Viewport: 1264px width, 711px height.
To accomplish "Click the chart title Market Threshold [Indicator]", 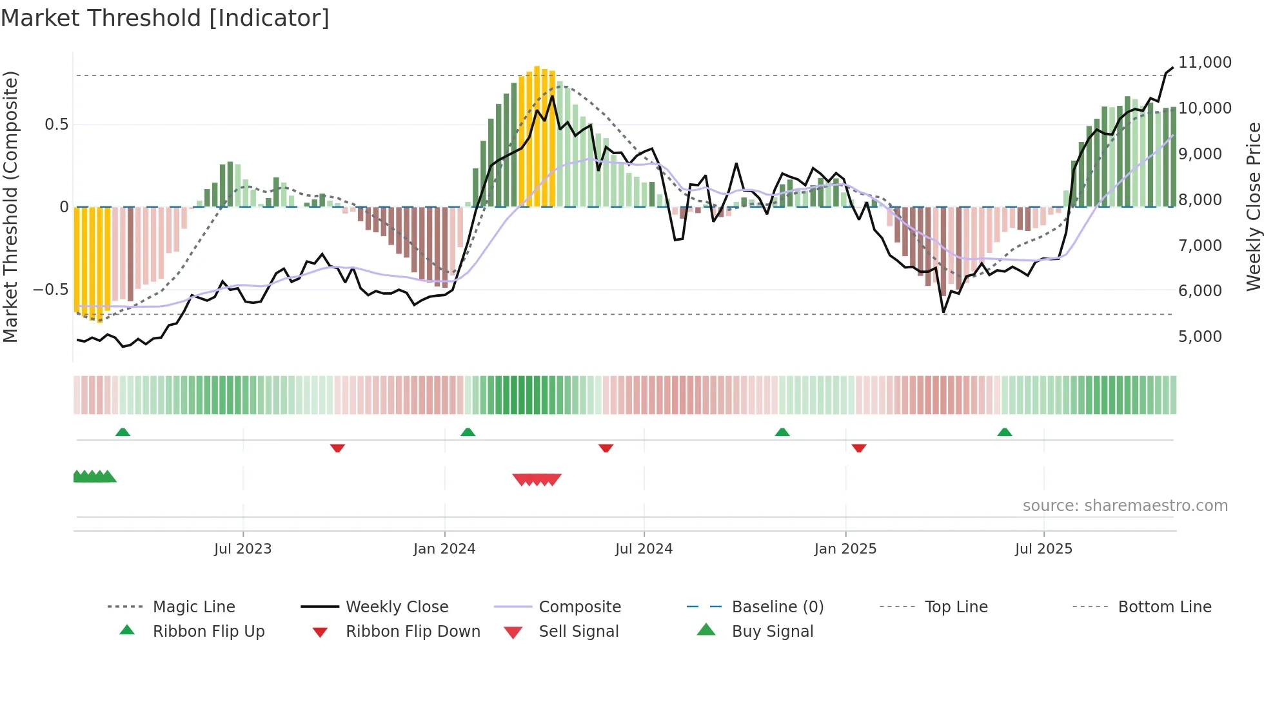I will pos(165,18).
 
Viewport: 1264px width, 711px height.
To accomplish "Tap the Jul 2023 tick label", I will pos(242,549).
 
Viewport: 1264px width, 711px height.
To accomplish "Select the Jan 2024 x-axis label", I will pos(444,549).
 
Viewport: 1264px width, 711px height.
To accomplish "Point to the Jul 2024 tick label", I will pos(644,549).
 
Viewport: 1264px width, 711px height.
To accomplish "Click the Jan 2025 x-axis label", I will pos(845,549).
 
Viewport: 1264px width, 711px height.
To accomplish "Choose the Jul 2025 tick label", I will pos(1043,549).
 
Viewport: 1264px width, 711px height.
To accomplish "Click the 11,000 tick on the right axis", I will pos(1205,63).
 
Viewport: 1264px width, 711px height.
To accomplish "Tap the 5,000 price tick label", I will pos(1200,337).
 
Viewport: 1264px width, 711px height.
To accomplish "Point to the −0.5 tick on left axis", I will pos(50,290).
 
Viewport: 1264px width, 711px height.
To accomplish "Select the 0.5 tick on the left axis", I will pos(56,125).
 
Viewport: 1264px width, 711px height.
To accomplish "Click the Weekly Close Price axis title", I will pos(1253,206).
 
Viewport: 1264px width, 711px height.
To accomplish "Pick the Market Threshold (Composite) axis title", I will pos(10,206).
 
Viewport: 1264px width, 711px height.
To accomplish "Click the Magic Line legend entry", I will pos(193,607).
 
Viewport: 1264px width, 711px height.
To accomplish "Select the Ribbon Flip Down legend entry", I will pos(413,632).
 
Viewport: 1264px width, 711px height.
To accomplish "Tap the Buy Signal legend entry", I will pos(772,632).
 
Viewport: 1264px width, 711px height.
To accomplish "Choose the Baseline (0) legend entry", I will pos(777,607).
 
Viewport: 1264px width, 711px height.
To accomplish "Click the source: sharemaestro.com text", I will pos(1125,506).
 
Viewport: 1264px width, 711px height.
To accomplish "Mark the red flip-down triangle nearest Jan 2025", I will pos(858,448).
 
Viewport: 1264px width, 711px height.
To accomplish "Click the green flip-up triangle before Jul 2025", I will pos(1004,432).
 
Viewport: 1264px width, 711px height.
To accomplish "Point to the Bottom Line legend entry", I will pos(1164,607).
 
